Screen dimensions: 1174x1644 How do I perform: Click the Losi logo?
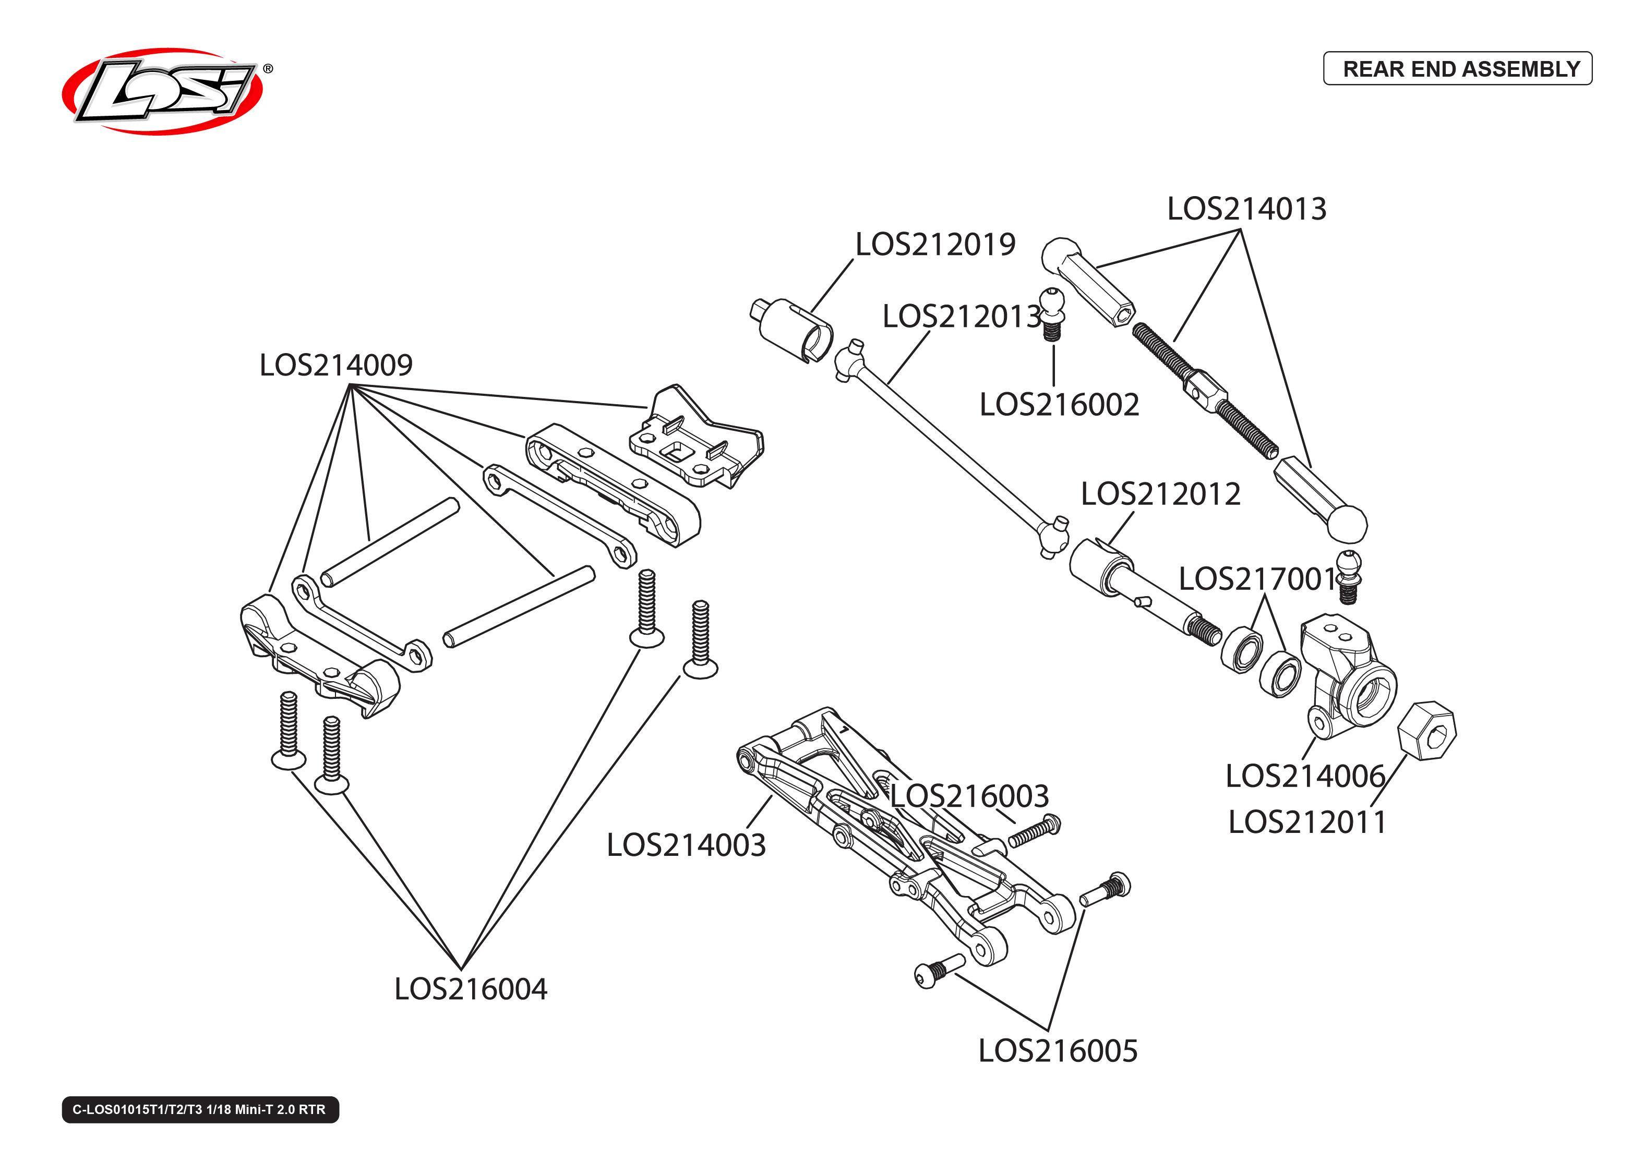click(x=163, y=91)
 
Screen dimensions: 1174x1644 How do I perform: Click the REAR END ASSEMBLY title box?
click(x=1457, y=69)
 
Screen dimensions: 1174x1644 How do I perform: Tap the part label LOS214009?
click(x=335, y=365)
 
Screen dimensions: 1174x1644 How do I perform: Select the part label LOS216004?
click(x=471, y=989)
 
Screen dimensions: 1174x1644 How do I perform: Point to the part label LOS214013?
click(x=1246, y=209)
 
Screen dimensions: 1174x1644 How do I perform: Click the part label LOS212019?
click(x=935, y=244)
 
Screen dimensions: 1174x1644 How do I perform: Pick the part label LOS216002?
click(x=1059, y=405)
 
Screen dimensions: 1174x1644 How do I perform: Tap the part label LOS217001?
click(x=1256, y=579)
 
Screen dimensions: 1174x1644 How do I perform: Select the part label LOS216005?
click(x=1058, y=1051)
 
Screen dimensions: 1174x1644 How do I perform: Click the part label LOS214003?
click(x=686, y=845)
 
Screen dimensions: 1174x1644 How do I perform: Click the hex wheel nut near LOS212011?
click(x=1426, y=730)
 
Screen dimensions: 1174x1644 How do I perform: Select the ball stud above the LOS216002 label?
click(x=1052, y=312)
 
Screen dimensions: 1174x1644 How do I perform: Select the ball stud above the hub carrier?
click(x=1348, y=576)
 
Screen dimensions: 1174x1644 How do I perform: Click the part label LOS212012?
click(x=1160, y=494)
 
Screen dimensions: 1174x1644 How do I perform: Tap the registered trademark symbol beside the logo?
click(x=268, y=69)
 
